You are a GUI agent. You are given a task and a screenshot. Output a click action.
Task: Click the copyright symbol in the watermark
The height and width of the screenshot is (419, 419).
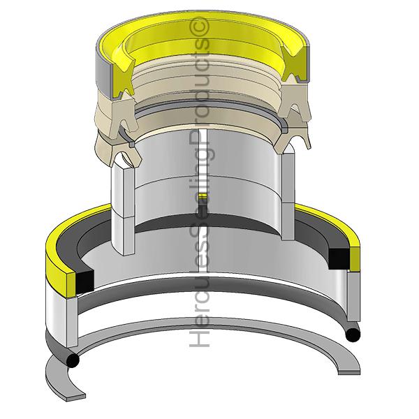[199, 27]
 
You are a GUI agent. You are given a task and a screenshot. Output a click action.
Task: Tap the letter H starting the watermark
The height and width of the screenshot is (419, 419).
[199, 337]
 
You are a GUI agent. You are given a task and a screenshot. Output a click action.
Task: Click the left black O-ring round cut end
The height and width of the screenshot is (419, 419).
[73, 361]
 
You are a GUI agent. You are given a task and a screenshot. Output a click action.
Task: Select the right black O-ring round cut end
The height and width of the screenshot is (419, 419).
[353, 335]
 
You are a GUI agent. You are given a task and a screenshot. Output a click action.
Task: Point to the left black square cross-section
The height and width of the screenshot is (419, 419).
[85, 281]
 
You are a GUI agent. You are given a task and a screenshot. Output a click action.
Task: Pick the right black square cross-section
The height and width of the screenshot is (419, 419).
[339, 258]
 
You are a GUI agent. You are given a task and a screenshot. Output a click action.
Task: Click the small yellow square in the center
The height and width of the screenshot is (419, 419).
[203, 196]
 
